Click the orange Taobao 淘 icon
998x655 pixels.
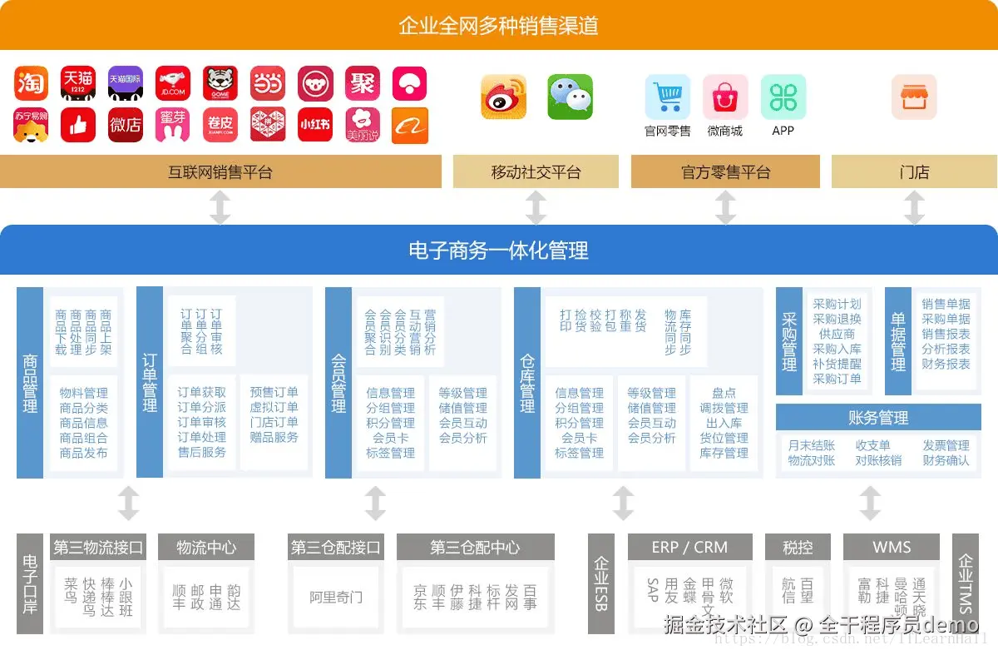point(31,83)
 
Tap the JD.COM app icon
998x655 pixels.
point(173,83)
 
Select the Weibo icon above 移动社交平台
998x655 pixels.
point(504,97)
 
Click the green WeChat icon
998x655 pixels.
point(570,97)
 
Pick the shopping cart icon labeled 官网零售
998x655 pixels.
point(667,97)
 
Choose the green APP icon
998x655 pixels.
point(783,97)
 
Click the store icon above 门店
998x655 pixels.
point(914,97)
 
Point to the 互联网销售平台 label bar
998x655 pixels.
point(220,172)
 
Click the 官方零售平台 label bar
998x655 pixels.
point(725,172)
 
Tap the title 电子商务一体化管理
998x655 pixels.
point(498,250)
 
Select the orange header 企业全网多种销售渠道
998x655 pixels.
point(498,25)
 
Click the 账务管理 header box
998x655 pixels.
point(878,418)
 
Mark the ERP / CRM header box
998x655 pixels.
point(689,548)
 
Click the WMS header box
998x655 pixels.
point(892,548)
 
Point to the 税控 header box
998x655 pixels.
point(798,548)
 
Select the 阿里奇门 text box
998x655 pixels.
point(335,597)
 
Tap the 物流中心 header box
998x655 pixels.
point(205,548)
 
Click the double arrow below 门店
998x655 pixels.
point(914,207)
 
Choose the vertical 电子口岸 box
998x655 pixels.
point(30,583)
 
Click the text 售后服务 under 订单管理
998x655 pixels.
point(201,452)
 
